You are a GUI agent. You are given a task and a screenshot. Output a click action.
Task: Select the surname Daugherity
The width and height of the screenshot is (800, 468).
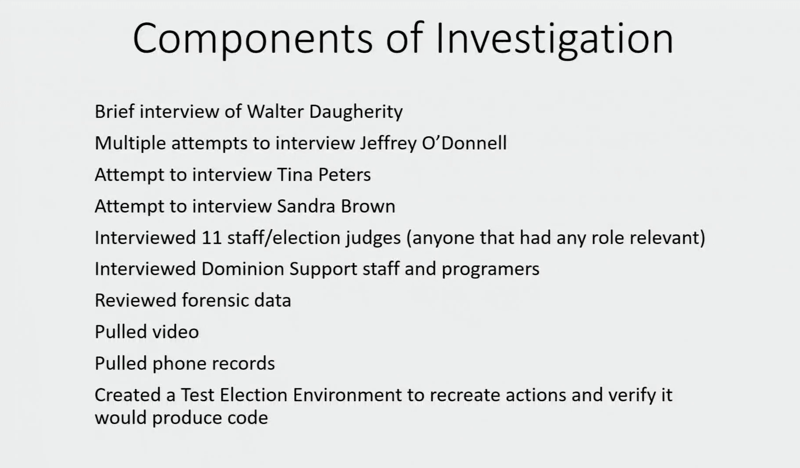(356, 112)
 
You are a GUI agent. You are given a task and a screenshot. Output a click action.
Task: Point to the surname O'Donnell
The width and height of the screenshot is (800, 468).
(464, 143)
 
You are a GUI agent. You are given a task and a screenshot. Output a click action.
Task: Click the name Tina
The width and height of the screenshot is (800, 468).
(295, 175)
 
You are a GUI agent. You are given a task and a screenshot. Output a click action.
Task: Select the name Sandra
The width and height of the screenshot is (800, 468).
(306, 206)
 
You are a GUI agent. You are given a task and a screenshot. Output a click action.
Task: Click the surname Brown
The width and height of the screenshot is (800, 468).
(368, 206)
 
